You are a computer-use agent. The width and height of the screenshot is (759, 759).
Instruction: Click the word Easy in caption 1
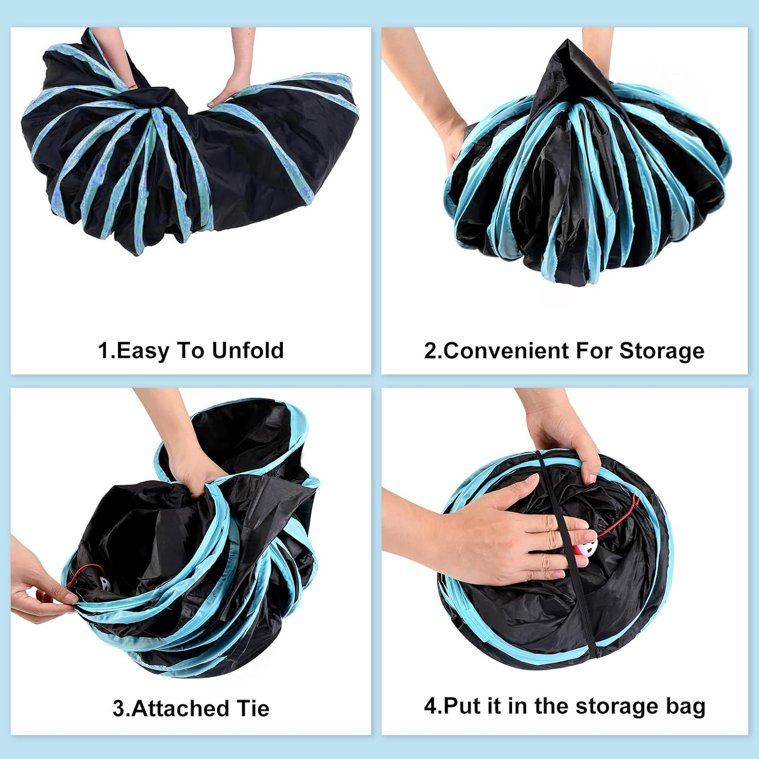tap(143, 351)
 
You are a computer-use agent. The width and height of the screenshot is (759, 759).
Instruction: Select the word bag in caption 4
tap(685, 706)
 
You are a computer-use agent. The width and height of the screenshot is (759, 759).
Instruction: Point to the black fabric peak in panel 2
tap(562, 66)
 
